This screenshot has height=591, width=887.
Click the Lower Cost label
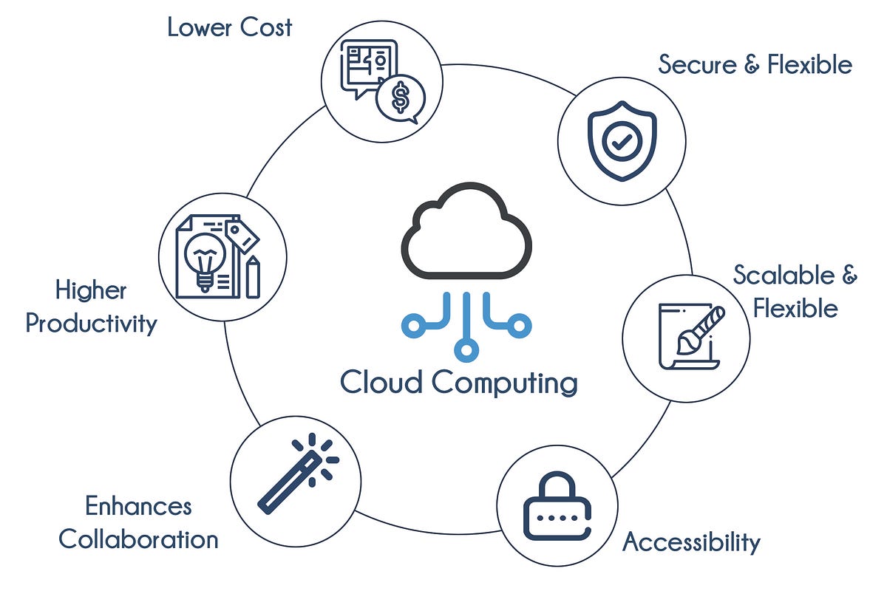229,28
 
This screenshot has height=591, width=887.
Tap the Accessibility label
691,542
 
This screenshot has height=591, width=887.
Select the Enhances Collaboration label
138,523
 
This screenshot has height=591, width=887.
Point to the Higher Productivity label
92,307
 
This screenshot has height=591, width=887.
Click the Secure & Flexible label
755,65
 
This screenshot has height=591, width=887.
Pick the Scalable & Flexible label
795,291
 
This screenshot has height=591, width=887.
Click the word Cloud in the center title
381,383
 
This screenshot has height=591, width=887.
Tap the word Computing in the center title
504,383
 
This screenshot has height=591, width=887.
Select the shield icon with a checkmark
622,140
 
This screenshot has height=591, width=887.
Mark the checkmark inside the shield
622,142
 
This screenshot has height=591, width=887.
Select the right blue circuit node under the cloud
520,323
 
